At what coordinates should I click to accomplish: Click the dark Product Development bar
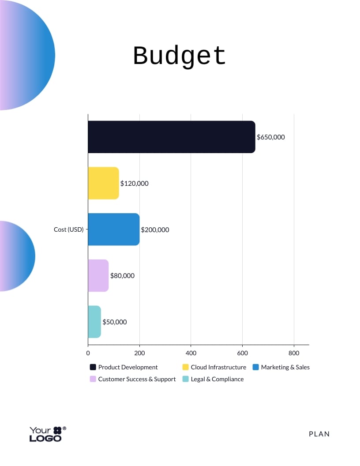tap(171, 137)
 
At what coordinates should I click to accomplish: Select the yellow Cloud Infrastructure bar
tap(103, 183)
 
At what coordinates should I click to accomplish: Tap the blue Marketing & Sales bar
tap(113, 229)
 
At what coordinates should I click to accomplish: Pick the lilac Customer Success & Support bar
tap(98, 275)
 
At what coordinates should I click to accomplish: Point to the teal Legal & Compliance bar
tap(94, 322)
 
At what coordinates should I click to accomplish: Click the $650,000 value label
tap(271, 137)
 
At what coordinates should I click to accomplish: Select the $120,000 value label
tap(135, 183)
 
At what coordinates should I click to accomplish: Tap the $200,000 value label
tap(155, 229)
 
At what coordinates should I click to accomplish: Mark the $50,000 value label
tap(115, 322)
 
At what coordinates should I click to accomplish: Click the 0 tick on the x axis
tap(88, 353)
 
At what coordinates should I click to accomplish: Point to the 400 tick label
tap(191, 353)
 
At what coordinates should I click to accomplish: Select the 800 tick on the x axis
tap(294, 353)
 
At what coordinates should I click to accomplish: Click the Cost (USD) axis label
tap(68, 229)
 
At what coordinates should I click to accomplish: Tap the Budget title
tap(180, 56)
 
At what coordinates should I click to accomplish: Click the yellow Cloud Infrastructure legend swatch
tap(185, 367)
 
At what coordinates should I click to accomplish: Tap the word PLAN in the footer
tap(319, 434)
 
